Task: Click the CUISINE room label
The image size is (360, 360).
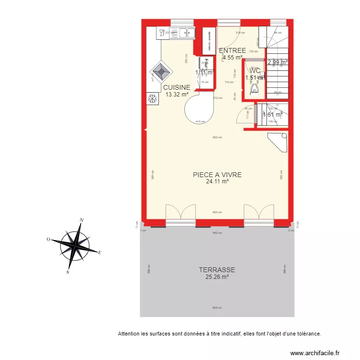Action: pyautogui.click(x=177, y=88)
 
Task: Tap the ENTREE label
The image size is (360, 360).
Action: pyautogui.click(x=232, y=51)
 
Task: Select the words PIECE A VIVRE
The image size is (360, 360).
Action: pyautogui.click(x=217, y=175)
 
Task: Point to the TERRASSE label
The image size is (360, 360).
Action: pyautogui.click(x=217, y=270)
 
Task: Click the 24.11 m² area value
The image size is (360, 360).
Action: pyautogui.click(x=217, y=181)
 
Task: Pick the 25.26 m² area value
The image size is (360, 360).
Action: pyautogui.click(x=217, y=276)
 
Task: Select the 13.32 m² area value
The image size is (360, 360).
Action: pyautogui.click(x=177, y=95)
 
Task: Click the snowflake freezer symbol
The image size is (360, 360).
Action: pyautogui.click(x=153, y=99)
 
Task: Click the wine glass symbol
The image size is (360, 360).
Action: pyautogui.click(x=160, y=33)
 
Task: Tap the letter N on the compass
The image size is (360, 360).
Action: pyautogui.click(x=82, y=220)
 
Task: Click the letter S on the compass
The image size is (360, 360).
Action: pyautogui.click(x=68, y=272)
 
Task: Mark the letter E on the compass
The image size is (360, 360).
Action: pyautogui.click(x=99, y=252)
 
